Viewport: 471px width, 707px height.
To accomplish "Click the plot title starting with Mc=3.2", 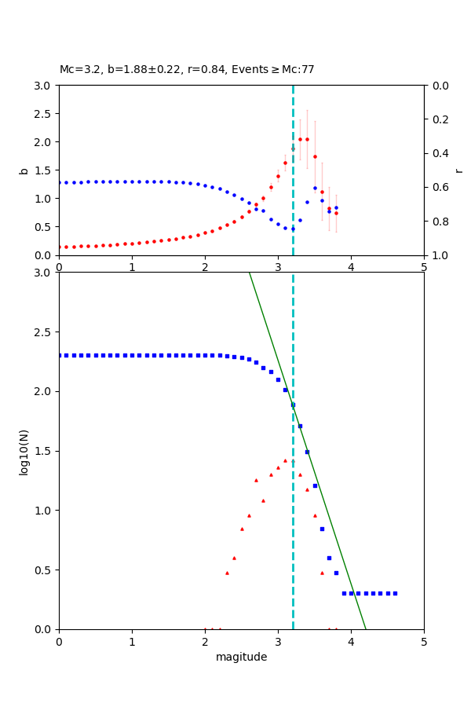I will click(187, 70).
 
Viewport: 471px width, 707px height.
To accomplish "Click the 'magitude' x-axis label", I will click(241, 657).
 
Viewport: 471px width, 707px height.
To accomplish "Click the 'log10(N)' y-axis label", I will click(24, 451).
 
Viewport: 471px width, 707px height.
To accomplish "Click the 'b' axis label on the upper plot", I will click(24, 170).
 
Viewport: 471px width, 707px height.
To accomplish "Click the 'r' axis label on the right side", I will click(458, 170).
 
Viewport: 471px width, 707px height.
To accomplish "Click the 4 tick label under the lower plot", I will click(351, 642).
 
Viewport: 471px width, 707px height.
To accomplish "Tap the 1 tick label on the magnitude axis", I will click(132, 642).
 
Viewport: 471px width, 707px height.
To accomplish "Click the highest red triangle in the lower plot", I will click(285, 460).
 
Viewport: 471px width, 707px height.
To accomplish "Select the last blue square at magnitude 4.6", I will click(395, 593).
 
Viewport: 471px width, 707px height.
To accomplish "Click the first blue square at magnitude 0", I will click(60, 355).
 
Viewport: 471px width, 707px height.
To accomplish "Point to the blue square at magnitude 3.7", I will click(329, 558).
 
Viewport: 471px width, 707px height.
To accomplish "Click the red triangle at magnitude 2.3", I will click(227, 573).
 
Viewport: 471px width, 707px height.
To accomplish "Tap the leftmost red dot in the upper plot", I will click(60, 247).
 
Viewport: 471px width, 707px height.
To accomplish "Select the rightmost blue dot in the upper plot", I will click(336, 208).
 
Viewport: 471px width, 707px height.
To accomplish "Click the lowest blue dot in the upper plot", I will click(293, 229).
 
